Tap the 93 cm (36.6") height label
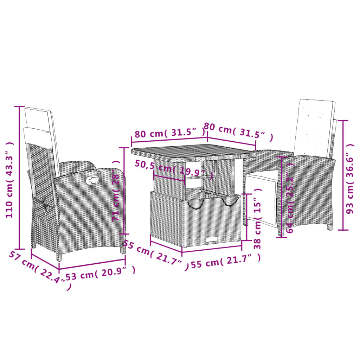349,178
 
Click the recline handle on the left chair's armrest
92,180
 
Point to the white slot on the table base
212,240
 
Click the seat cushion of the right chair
262,175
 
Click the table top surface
190,153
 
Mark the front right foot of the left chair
123,250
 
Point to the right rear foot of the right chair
329,227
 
